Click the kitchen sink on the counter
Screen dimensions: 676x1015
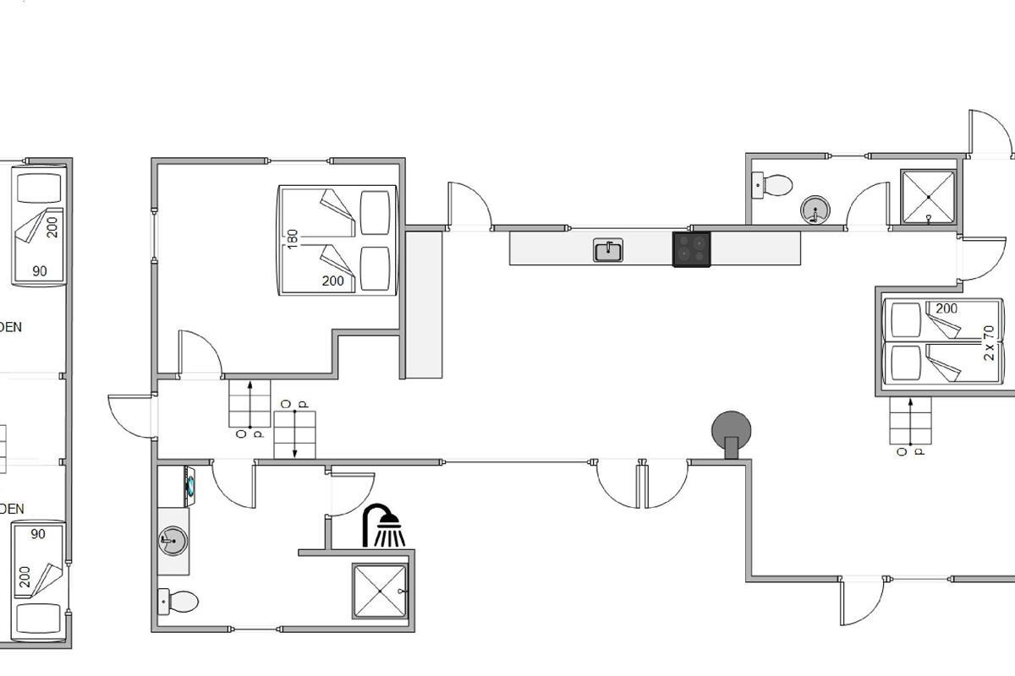pos(607,250)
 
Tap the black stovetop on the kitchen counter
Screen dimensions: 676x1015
pos(691,249)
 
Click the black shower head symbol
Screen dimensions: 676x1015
pos(384,526)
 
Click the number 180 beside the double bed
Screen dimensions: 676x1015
pos(293,238)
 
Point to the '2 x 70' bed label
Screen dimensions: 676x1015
pos(989,343)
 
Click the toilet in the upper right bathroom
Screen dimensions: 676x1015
pos(772,184)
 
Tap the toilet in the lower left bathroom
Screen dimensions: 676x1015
pos(178,602)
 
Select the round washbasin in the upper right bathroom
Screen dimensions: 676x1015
pos(815,210)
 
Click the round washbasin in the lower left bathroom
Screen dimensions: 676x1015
pos(173,539)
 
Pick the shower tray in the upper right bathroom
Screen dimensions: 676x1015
pos(928,197)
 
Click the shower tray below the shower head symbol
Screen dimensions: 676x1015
pos(380,591)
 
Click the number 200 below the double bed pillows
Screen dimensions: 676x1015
pos(333,281)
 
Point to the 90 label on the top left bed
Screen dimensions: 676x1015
pos(40,271)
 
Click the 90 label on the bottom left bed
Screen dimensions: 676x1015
pos(38,534)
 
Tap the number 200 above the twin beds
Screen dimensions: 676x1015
pos(946,308)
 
